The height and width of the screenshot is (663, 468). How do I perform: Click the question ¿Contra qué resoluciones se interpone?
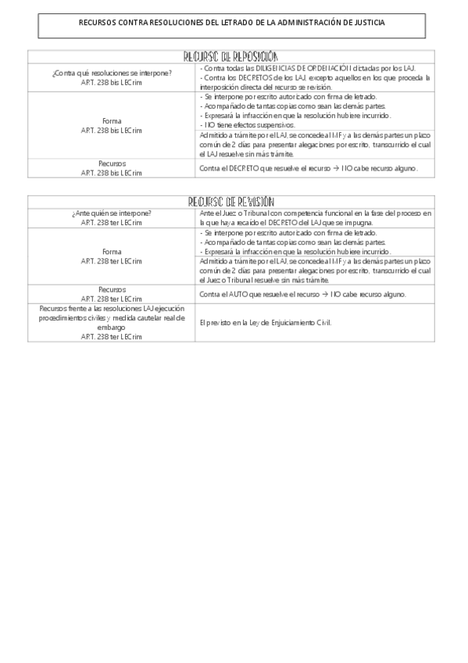(x=111, y=73)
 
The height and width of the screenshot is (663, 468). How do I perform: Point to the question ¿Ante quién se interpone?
(x=111, y=213)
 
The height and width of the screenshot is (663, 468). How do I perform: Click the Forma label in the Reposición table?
(x=111, y=121)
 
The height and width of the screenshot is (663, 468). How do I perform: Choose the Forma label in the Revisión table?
(x=111, y=252)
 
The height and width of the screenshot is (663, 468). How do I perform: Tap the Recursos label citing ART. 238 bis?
(x=111, y=168)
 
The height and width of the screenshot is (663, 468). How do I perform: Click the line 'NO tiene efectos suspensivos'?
(x=248, y=125)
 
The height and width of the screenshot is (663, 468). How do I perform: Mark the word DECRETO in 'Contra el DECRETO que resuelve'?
(x=242, y=168)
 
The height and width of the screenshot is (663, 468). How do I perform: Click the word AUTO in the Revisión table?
(x=234, y=294)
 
